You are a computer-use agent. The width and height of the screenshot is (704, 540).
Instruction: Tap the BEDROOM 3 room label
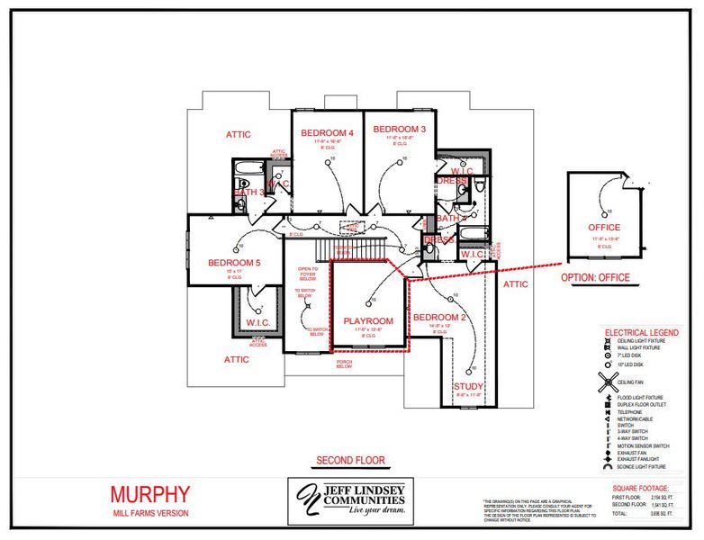399,129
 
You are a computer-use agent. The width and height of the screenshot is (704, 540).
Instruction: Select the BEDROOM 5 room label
233,263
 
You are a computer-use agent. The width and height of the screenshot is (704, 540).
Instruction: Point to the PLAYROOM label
369,320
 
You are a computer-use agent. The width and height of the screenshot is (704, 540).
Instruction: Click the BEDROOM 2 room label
438,318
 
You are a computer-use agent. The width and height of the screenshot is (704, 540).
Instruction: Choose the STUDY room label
467,387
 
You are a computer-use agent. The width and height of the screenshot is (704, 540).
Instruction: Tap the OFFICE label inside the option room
604,228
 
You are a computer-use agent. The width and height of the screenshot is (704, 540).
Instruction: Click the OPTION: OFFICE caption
595,277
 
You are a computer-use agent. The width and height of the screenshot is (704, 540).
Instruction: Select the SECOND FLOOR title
350,461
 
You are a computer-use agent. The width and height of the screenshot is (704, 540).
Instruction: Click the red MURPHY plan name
150,494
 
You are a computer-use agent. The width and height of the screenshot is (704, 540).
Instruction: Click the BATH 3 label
249,192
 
